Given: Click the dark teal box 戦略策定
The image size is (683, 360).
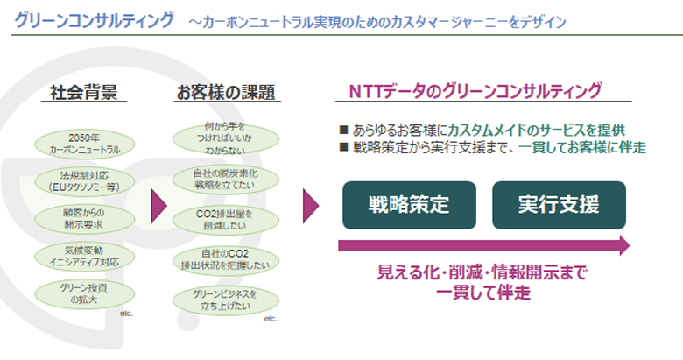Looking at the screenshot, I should (x=409, y=206).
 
